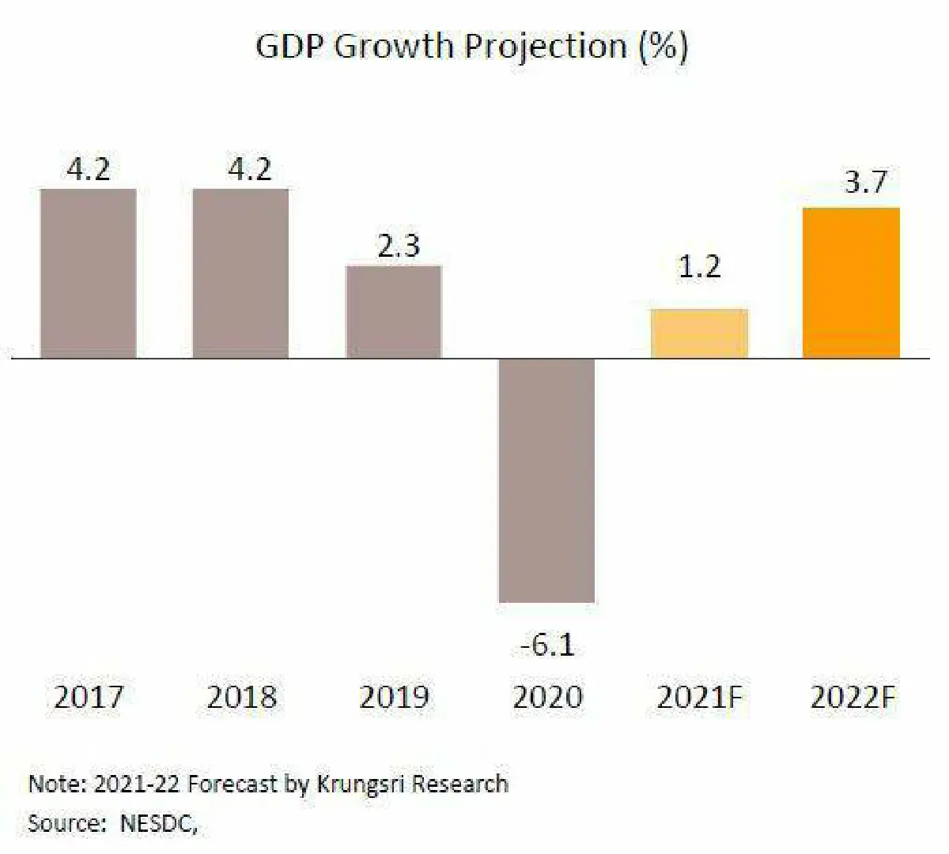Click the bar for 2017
click(x=89, y=273)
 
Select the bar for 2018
click(x=241, y=273)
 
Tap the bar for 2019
click(x=394, y=312)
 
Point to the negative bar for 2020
click(x=546, y=480)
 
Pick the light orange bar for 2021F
click(x=699, y=334)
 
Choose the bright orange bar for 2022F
click(x=851, y=283)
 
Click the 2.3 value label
click(x=398, y=246)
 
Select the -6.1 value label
click(x=546, y=645)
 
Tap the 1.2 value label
click(x=699, y=267)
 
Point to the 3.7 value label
click(x=865, y=182)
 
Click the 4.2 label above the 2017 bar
click(x=88, y=169)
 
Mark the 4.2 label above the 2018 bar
click(x=249, y=169)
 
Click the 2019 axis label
click(x=394, y=697)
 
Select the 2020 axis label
click(x=547, y=697)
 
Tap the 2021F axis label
click(x=700, y=697)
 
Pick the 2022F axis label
click(x=853, y=697)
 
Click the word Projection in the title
click(x=545, y=47)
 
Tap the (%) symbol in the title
click(x=664, y=47)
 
